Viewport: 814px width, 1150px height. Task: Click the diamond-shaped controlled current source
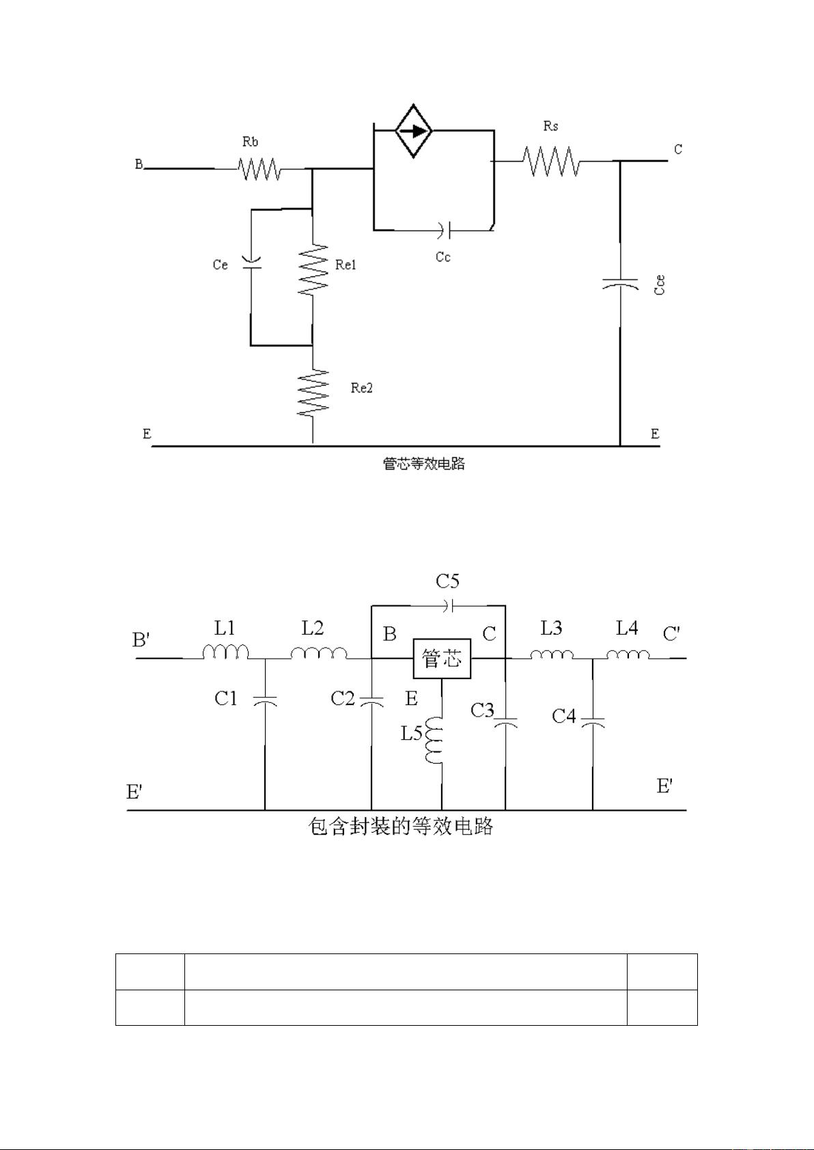point(414,130)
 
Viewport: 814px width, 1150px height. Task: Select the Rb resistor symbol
point(259,169)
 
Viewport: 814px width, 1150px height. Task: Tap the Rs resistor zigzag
point(552,162)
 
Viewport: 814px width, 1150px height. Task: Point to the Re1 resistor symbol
point(313,269)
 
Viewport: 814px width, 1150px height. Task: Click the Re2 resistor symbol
point(313,392)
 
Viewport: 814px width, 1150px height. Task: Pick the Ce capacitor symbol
point(251,264)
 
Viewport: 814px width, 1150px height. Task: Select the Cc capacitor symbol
point(446,230)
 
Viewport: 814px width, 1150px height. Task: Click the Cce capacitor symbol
point(620,283)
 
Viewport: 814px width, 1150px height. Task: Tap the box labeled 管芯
point(442,659)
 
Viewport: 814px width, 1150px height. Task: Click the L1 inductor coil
point(225,652)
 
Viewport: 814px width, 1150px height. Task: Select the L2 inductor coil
point(318,652)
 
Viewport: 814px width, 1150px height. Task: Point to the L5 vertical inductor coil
point(435,740)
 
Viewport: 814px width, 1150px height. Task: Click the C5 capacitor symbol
point(448,605)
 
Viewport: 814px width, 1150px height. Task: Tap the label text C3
point(482,710)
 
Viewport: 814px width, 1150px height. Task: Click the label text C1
point(226,698)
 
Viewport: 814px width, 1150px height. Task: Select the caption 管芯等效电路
point(424,464)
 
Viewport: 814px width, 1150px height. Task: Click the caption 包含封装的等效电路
point(401,827)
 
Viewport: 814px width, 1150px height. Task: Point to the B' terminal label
point(141,639)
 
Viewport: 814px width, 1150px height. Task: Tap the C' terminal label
point(671,634)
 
